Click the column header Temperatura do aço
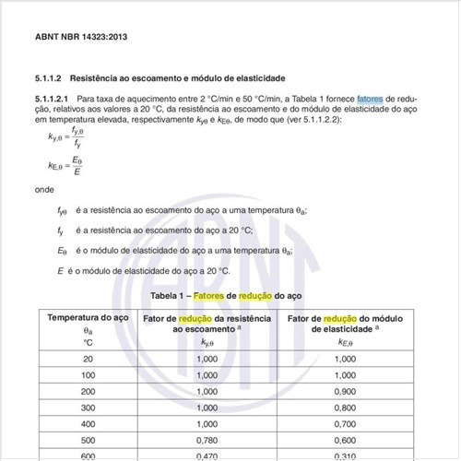pyautogui.click(x=88, y=317)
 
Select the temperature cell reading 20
pyautogui.click(x=88, y=359)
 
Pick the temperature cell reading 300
pyautogui.click(x=88, y=407)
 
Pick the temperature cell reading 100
pyautogui.click(x=88, y=375)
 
